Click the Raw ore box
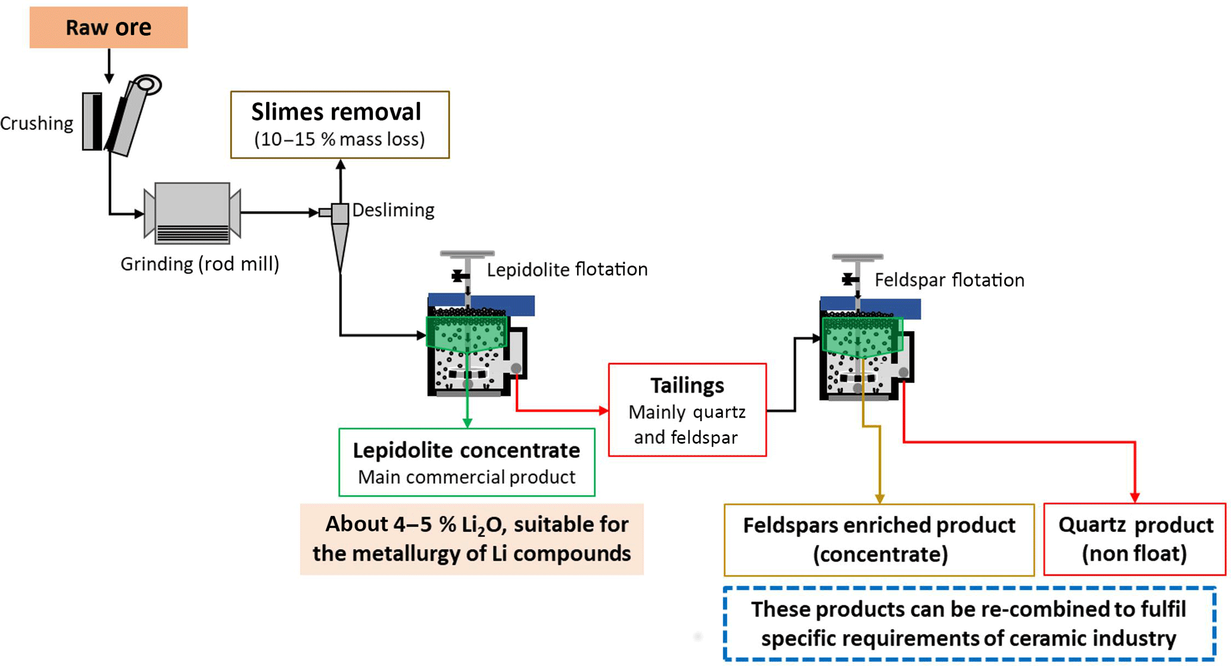108,27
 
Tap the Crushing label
37,123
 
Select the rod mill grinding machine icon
192,213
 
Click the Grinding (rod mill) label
200,264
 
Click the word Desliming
393,210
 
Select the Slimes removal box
339,125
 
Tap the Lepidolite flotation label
567,269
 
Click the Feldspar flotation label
949,280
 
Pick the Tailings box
687,410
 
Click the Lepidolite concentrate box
466,462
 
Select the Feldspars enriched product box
879,540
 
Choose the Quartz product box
1135,539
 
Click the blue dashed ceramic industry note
969,623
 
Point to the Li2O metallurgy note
472,539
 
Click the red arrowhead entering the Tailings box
603,410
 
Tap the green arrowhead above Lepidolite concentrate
468,422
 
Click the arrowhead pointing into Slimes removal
341,164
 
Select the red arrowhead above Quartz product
1135,497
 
